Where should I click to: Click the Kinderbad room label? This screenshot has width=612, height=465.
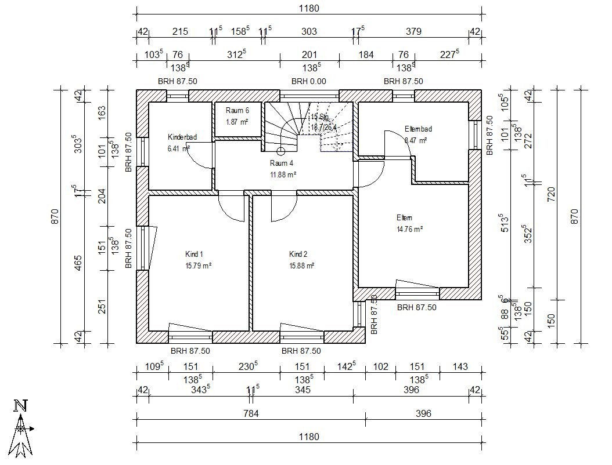(182, 137)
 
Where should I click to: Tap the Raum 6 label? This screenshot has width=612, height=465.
(237, 111)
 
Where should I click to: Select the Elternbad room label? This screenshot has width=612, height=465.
(418, 129)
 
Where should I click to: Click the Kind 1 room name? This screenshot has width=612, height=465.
(194, 254)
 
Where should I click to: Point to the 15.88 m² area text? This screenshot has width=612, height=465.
(301, 266)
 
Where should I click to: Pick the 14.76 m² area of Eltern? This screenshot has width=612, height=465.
(409, 228)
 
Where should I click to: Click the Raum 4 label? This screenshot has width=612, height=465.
(281, 164)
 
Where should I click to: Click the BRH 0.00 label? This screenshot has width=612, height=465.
(309, 81)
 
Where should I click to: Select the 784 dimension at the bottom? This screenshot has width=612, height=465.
(250, 413)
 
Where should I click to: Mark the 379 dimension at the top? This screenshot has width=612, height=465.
(413, 31)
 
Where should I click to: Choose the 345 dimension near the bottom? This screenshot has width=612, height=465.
(303, 390)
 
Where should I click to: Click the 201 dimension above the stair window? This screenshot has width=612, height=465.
(309, 55)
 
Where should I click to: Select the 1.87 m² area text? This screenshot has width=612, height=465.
(237, 122)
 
